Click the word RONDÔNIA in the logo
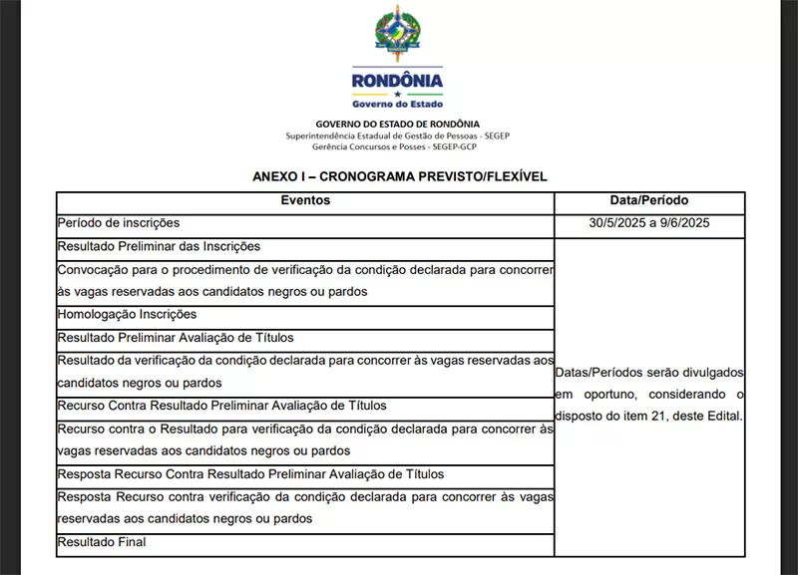(x=398, y=81)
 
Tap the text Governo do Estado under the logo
(x=398, y=103)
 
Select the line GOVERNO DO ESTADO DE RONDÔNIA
(x=398, y=124)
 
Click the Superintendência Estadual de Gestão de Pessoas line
(x=398, y=135)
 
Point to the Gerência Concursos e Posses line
(x=398, y=146)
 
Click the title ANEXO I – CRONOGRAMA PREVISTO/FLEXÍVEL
(x=399, y=176)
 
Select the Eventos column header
(x=304, y=201)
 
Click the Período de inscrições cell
(x=119, y=223)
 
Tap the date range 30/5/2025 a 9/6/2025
(x=648, y=224)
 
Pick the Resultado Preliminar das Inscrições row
(x=159, y=246)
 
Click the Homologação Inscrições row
(x=127, y=314)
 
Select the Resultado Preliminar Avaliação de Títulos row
(x=176, y=338)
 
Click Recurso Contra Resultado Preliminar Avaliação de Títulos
(x=221, y=407)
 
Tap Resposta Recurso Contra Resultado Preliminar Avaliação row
(x=250, y=474)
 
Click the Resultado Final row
(x=102, y=542)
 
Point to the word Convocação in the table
(x=94, y=269)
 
